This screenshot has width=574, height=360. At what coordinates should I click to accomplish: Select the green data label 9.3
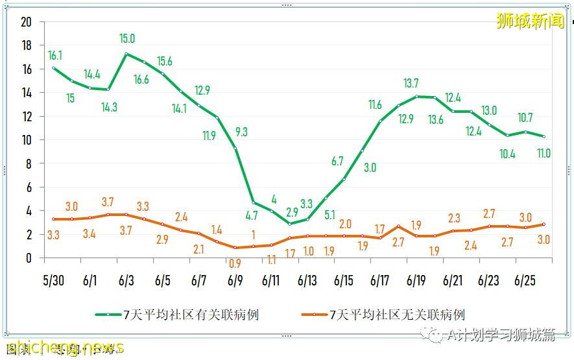click(241, 132)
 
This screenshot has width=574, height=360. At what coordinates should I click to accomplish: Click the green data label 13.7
click(411, 83)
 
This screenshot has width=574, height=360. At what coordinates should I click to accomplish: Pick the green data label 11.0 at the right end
click(544, 154)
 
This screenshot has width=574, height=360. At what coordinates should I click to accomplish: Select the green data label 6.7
click(337, 162)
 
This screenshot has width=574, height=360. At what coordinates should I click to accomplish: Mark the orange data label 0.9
click(235, 264)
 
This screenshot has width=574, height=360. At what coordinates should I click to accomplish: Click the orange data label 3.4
click(90, 234)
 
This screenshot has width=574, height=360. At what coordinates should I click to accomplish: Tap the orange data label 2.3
click(454, 219)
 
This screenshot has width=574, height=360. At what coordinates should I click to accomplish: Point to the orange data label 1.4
click(217, 230)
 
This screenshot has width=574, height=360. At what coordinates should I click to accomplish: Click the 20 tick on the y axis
click(27, 22)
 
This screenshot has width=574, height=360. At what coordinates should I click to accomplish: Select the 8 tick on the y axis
click(29, 163)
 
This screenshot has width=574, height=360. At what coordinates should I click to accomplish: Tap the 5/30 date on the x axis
click(53, 281)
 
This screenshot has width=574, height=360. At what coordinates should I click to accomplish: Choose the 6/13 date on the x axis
click(307, 281)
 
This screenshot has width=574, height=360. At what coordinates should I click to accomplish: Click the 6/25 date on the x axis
click(524, 281)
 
